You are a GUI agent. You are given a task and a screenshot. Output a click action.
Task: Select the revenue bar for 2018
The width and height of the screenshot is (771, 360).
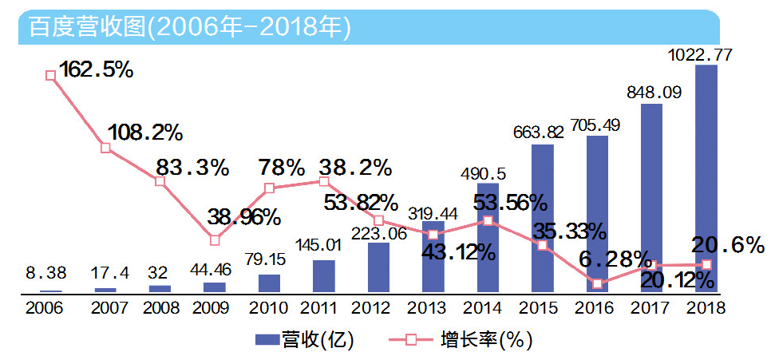[x=706, y=179]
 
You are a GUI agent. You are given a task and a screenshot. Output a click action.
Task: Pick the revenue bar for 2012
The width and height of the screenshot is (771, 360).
[x=379, y=268]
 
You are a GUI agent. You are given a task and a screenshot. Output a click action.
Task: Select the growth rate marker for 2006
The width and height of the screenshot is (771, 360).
[x=51, y=75]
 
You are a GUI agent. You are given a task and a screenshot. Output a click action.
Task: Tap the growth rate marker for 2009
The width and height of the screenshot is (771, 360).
[x=215, y=239]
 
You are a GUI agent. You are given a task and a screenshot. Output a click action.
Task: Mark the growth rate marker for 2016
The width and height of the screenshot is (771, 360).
[x=597, y=283]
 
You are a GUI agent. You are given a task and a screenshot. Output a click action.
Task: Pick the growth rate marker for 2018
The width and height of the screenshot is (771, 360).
[x=706, y=264]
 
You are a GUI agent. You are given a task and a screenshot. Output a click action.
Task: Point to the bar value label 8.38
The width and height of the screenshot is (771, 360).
[x=49, y=273]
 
